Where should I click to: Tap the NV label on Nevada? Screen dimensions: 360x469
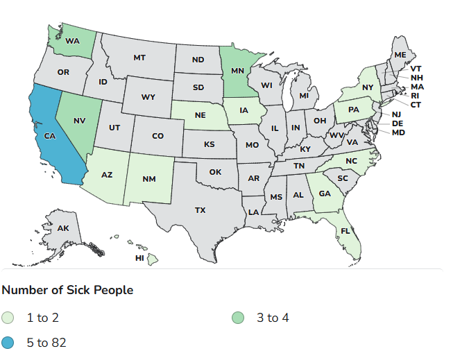(x=78, y=120)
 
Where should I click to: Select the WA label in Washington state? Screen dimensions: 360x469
(x=72, y=41)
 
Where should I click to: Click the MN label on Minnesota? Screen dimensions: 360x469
(x=237, y=71)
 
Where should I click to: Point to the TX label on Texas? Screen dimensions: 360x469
(x=200, y=209)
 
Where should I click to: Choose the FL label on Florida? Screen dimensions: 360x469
(x=345, y=231)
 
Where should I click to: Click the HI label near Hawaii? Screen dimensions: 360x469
(x=139, y=258)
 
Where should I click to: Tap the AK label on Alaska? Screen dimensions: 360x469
(x=63, y=228)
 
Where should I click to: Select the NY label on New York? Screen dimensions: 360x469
(x=367, y=88)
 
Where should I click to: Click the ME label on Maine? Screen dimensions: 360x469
(x=400, y=55)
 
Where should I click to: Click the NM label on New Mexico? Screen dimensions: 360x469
(x=149, y=179)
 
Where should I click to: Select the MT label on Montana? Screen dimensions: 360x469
(x=139, y=58)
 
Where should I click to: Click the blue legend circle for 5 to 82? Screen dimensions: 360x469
(x=8, y=342)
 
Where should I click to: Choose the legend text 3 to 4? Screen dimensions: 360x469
(x=273, y=318)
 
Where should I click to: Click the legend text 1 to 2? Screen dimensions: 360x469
(x=42, y=318)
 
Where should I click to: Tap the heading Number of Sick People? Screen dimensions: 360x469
(x=67, y=289)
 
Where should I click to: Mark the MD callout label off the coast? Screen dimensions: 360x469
(x=398, y=132)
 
